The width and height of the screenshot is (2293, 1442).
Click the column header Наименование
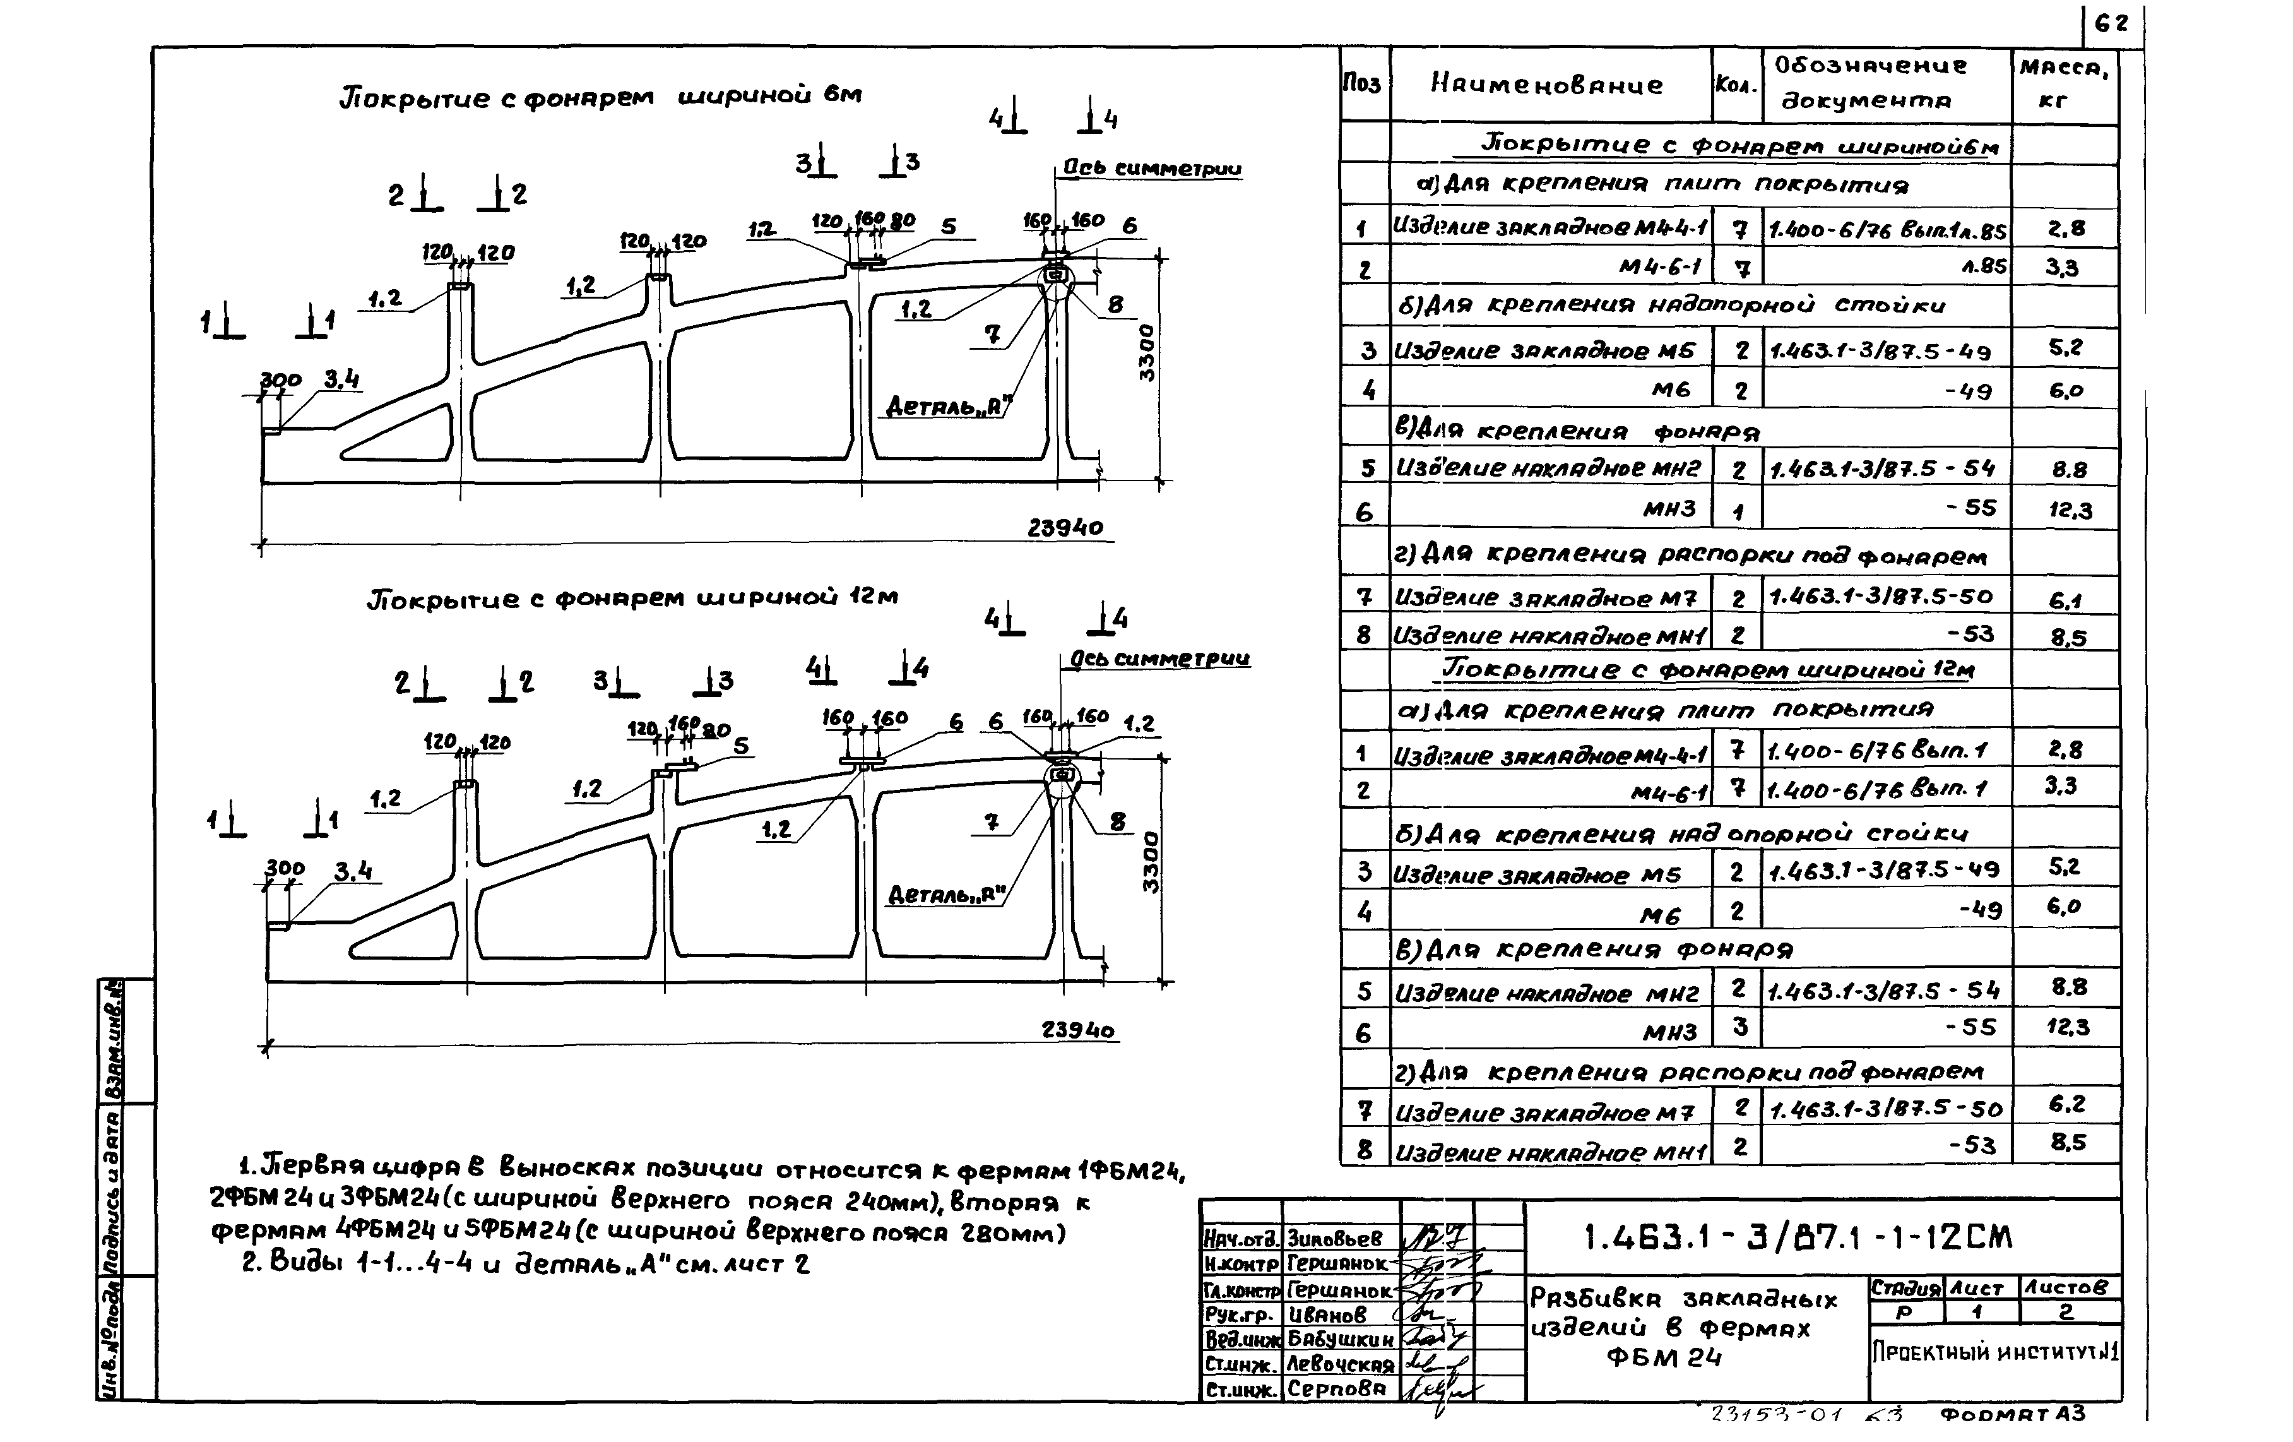(1546, 85)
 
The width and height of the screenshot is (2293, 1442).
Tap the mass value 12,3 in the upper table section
(2070, 511)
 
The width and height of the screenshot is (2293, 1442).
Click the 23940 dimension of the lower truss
(1077, 1030)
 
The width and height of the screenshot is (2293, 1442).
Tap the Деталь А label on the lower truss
(947, 895)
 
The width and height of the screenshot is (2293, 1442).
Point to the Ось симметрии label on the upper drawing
(1151, 169)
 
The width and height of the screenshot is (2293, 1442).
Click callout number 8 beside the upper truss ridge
(1115, 305)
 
